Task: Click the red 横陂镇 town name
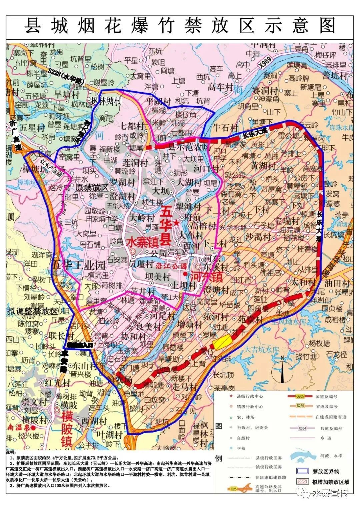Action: pyautogui.click(x=67, y=428)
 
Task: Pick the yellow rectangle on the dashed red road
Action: pyautogui.click(x=222, y=342)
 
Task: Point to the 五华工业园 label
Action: pyautogui.click(x=79, y=265)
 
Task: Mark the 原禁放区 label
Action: pyautogui.click(x=91, y=187)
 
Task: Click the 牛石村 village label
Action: pyautogui.click(x=226, y=127)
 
